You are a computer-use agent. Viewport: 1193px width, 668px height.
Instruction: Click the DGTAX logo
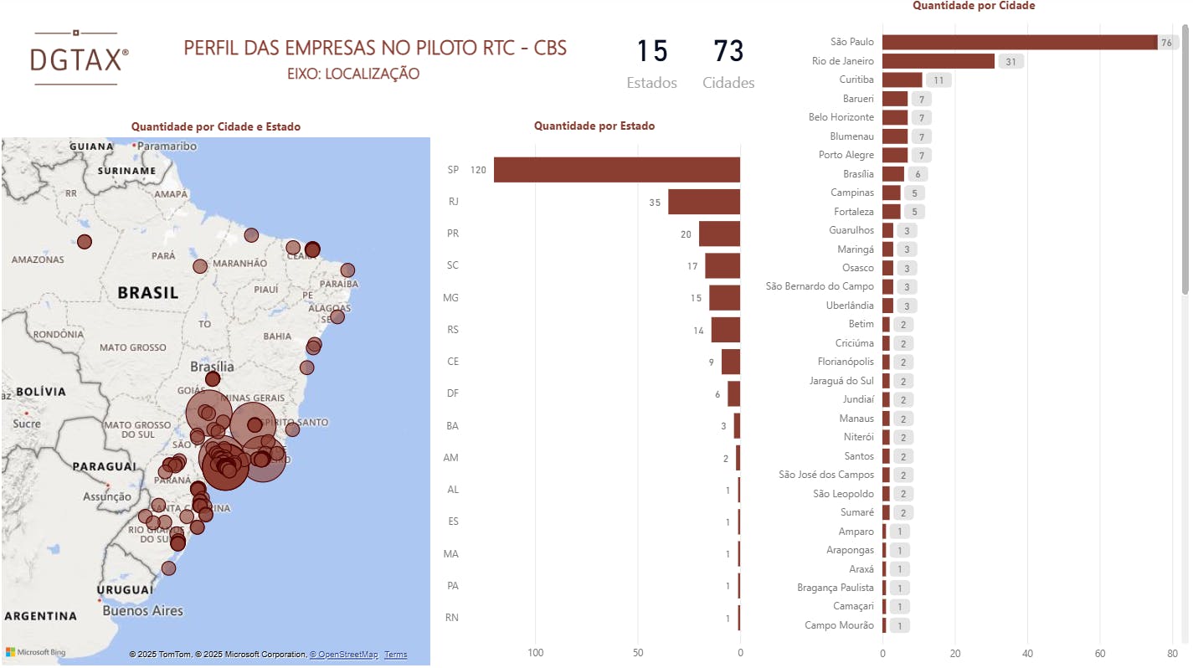pos(79,58)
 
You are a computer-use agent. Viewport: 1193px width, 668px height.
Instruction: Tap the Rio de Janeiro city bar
pos(938,61)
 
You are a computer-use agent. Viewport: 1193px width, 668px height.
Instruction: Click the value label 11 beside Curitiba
pos(938,80)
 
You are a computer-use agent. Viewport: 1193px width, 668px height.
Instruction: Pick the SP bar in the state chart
pos(616,170)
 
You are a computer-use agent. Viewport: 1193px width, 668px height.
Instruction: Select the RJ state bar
pos(703,202)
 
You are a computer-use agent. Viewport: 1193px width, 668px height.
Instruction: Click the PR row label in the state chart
pos(453,234)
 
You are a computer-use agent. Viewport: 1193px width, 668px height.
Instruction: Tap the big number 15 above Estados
pos(651,52)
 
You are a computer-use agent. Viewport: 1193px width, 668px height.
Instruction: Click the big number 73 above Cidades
pos(728,52)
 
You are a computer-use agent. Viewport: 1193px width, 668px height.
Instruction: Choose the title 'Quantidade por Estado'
pos(594,126)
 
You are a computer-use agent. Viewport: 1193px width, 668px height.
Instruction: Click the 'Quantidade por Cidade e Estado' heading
pos(216,127)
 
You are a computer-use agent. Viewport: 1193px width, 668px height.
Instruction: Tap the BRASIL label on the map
pos(148,293)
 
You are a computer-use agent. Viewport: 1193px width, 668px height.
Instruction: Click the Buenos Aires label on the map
pos(142,611)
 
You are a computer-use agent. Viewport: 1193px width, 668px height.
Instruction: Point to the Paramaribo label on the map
pos(167,146)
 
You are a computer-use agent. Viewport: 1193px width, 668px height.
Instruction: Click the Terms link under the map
pos(396,655)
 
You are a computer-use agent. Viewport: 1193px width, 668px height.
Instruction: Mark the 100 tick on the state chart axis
pos(535,653)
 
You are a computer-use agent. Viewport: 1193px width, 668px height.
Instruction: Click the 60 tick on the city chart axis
pos(1100,653)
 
